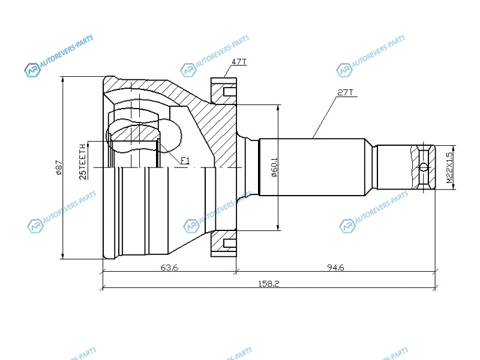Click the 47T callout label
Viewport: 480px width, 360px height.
tap(239, 62)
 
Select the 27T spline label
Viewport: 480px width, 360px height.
tap(346, 92)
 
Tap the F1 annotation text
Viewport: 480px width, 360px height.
tap(185, 160)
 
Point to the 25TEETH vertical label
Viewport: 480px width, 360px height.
tap(83, 161)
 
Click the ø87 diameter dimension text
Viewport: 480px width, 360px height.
tap(59, 168)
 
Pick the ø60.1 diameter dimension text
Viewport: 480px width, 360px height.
tap(274, 167)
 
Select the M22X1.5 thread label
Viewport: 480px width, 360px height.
tap(449, 168)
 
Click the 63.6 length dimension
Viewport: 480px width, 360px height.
tap(169, 268)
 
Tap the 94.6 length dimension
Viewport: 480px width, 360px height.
tap(335, 268)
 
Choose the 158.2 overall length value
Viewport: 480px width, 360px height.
tap(269, 284)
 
